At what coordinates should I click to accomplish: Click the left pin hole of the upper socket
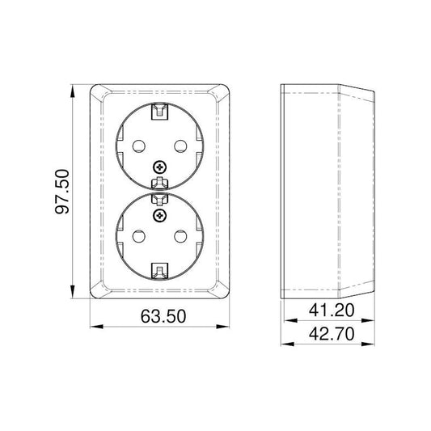coord(136,145)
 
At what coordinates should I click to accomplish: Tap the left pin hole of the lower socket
coord(136,234)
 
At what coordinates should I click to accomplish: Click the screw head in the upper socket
coord(159,167)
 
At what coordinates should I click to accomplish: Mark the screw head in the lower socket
coord(159,214)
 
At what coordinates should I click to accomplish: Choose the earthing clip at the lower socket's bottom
coord(159,272)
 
